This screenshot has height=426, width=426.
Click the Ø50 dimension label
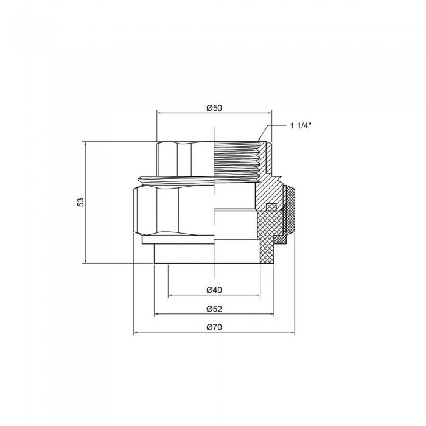[x=214, y=108]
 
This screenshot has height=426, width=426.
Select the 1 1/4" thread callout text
[x=301, y=125]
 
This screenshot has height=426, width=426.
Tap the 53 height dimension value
[x=80, y=202]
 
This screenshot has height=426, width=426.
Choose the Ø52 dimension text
[x=214, y=308]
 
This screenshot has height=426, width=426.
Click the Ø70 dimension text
[x=214, y=327]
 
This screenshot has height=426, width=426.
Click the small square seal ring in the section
[x=272, y=206]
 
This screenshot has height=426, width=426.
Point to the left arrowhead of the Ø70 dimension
[x=135, y=333]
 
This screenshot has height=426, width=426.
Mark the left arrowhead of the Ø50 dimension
[x=159, y=113]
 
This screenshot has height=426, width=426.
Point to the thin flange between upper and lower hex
[x=176, y=179]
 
